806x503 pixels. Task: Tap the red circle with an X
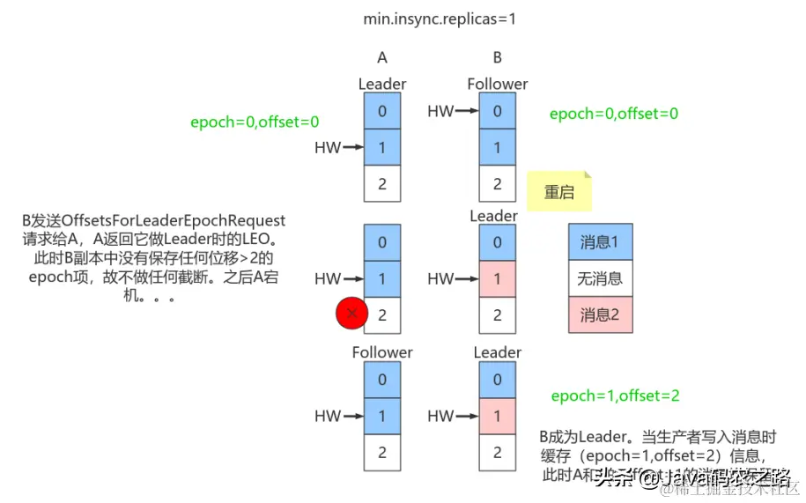352,313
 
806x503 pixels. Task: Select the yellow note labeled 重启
558,192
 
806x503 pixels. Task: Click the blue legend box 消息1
600,241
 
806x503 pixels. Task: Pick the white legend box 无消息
600,278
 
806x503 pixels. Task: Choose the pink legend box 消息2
600,314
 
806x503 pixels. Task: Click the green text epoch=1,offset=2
615,396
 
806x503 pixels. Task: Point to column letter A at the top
382,58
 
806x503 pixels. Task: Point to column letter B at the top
497,58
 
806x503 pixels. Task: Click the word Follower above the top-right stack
497,84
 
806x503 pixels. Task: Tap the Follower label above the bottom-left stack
382,352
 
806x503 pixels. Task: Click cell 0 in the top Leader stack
382,111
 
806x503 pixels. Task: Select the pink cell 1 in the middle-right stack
498,279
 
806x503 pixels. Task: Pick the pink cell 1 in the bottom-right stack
498,416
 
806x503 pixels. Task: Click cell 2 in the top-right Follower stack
498,184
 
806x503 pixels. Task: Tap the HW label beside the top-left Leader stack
328,148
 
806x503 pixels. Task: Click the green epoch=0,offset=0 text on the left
255,122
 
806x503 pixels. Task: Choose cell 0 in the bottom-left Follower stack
382,380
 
